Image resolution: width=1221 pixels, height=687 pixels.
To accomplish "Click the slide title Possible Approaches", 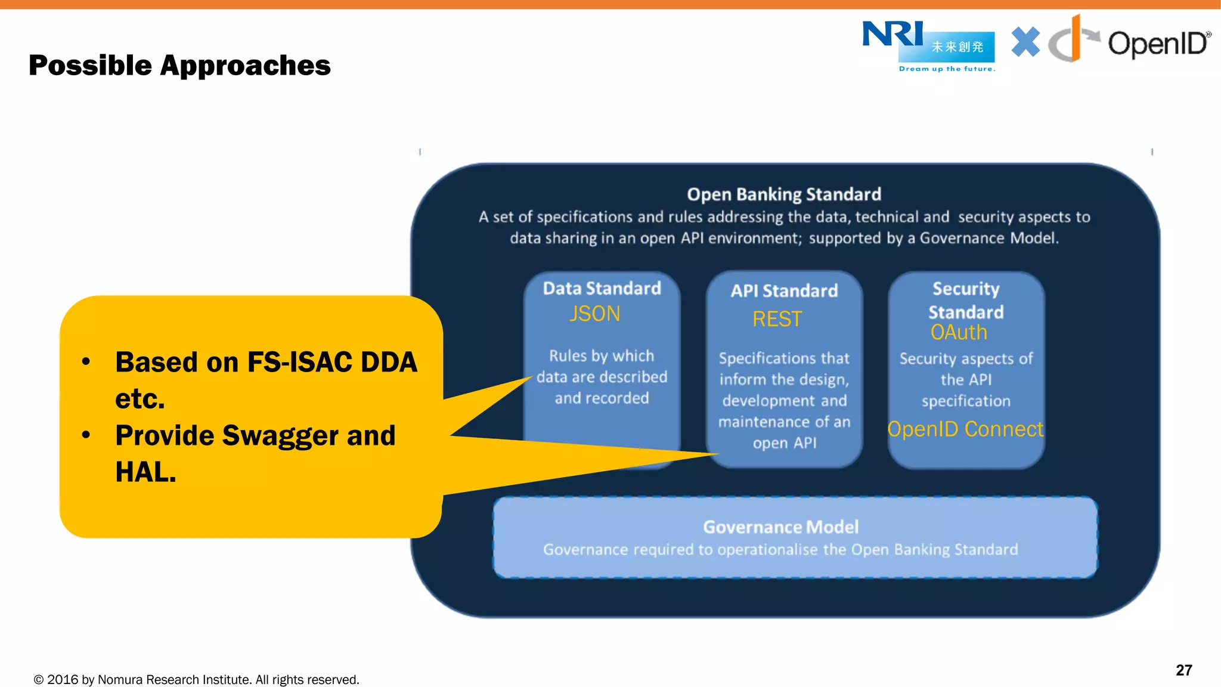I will pos(179,65).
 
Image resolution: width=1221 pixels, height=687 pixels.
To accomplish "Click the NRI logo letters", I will pos(892,34).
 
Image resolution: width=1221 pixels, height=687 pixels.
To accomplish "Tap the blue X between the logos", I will pos(1025,42).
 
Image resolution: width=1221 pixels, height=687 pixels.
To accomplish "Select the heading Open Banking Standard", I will pos(783,194).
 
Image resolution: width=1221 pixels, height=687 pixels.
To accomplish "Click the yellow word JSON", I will pos(594,314).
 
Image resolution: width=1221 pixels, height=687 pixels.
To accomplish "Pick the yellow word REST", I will pos(777,319).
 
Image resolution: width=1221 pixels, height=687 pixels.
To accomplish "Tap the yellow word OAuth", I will pos(959,332).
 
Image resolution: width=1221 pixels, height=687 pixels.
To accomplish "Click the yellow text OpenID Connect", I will pos(965,429).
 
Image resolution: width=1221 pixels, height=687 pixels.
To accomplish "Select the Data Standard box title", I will pos(602,289).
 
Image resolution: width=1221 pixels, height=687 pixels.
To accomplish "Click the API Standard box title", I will pos(784,291).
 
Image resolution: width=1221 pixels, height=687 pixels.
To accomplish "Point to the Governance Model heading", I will pos(780,527).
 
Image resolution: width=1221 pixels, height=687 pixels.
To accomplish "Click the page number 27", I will pos(1183,670).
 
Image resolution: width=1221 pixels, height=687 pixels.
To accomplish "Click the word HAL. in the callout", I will pos(145,472).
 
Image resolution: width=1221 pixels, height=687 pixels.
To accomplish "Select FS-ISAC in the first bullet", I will pos(292,363).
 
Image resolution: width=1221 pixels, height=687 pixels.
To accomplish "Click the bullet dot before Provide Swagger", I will pos(86,435).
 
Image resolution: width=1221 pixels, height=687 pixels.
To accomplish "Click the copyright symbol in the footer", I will pos(39,680).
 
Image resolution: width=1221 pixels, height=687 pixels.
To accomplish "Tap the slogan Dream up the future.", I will pos(947,69).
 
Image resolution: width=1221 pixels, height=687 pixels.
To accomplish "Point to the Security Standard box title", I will pos(966,300).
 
